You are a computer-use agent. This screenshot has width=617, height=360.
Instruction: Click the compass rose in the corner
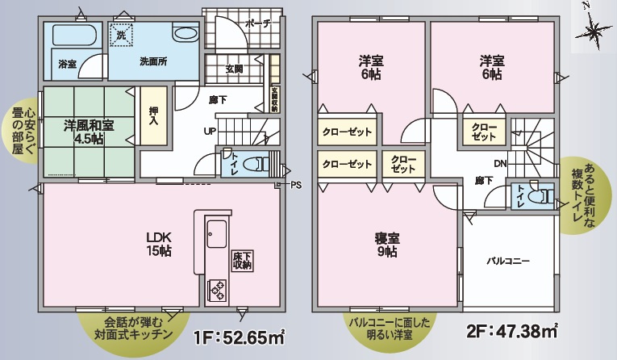click(595, 31)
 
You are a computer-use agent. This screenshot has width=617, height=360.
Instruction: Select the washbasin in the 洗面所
click(185, 35)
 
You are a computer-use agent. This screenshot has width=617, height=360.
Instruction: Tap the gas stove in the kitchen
click(218, 287)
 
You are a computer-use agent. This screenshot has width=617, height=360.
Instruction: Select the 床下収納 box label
click(241, 260)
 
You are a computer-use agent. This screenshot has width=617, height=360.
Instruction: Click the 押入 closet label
click(152, 117)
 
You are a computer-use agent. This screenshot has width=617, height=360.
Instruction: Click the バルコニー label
click(507, 262)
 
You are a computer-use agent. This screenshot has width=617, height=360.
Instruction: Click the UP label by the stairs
click(209, 132)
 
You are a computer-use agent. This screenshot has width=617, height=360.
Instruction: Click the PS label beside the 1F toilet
click(296, 185)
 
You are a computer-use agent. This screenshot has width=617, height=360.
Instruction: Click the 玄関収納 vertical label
click(274, 98)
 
